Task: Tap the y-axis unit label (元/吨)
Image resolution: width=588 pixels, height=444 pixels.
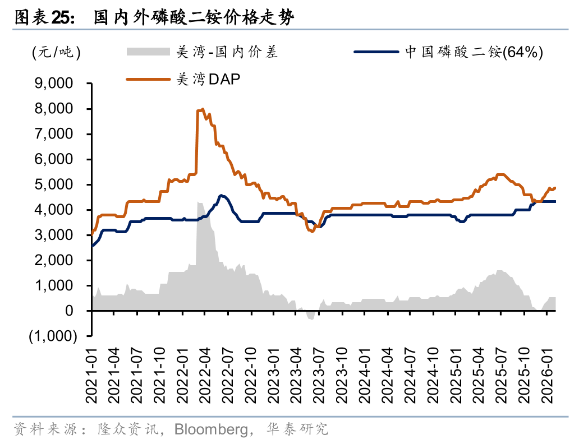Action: click(56, 53)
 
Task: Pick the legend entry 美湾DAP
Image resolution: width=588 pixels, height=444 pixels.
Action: click(208, 80)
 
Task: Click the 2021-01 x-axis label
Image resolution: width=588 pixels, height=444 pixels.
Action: click(92, 375)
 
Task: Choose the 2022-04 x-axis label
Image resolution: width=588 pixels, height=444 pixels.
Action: click(206, 375)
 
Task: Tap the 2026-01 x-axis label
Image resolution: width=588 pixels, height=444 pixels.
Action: click(549, 375)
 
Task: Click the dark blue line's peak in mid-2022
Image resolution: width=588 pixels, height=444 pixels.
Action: click(222, 196)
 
